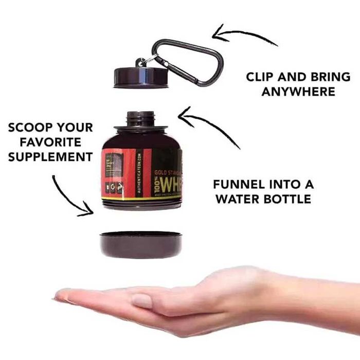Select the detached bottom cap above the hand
tap(140, 244)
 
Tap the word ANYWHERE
tap(298, 92)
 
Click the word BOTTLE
tap(288, 199)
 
